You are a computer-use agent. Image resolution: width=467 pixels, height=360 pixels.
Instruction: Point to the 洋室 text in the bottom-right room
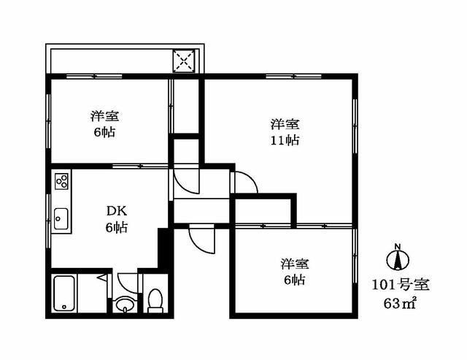(293, 264)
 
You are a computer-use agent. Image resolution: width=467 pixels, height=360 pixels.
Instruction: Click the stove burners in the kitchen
(60, 180)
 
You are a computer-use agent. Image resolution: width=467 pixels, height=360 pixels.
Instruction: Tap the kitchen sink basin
(60, 217)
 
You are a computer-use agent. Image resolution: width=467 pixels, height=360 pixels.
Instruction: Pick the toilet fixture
(154, 300)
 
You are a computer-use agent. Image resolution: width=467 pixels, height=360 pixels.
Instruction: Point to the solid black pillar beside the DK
(163, 248)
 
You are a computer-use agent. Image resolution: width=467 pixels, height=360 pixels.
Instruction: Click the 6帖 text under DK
(115, 228)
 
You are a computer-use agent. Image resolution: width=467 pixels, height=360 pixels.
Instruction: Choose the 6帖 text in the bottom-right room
(293, 280)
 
